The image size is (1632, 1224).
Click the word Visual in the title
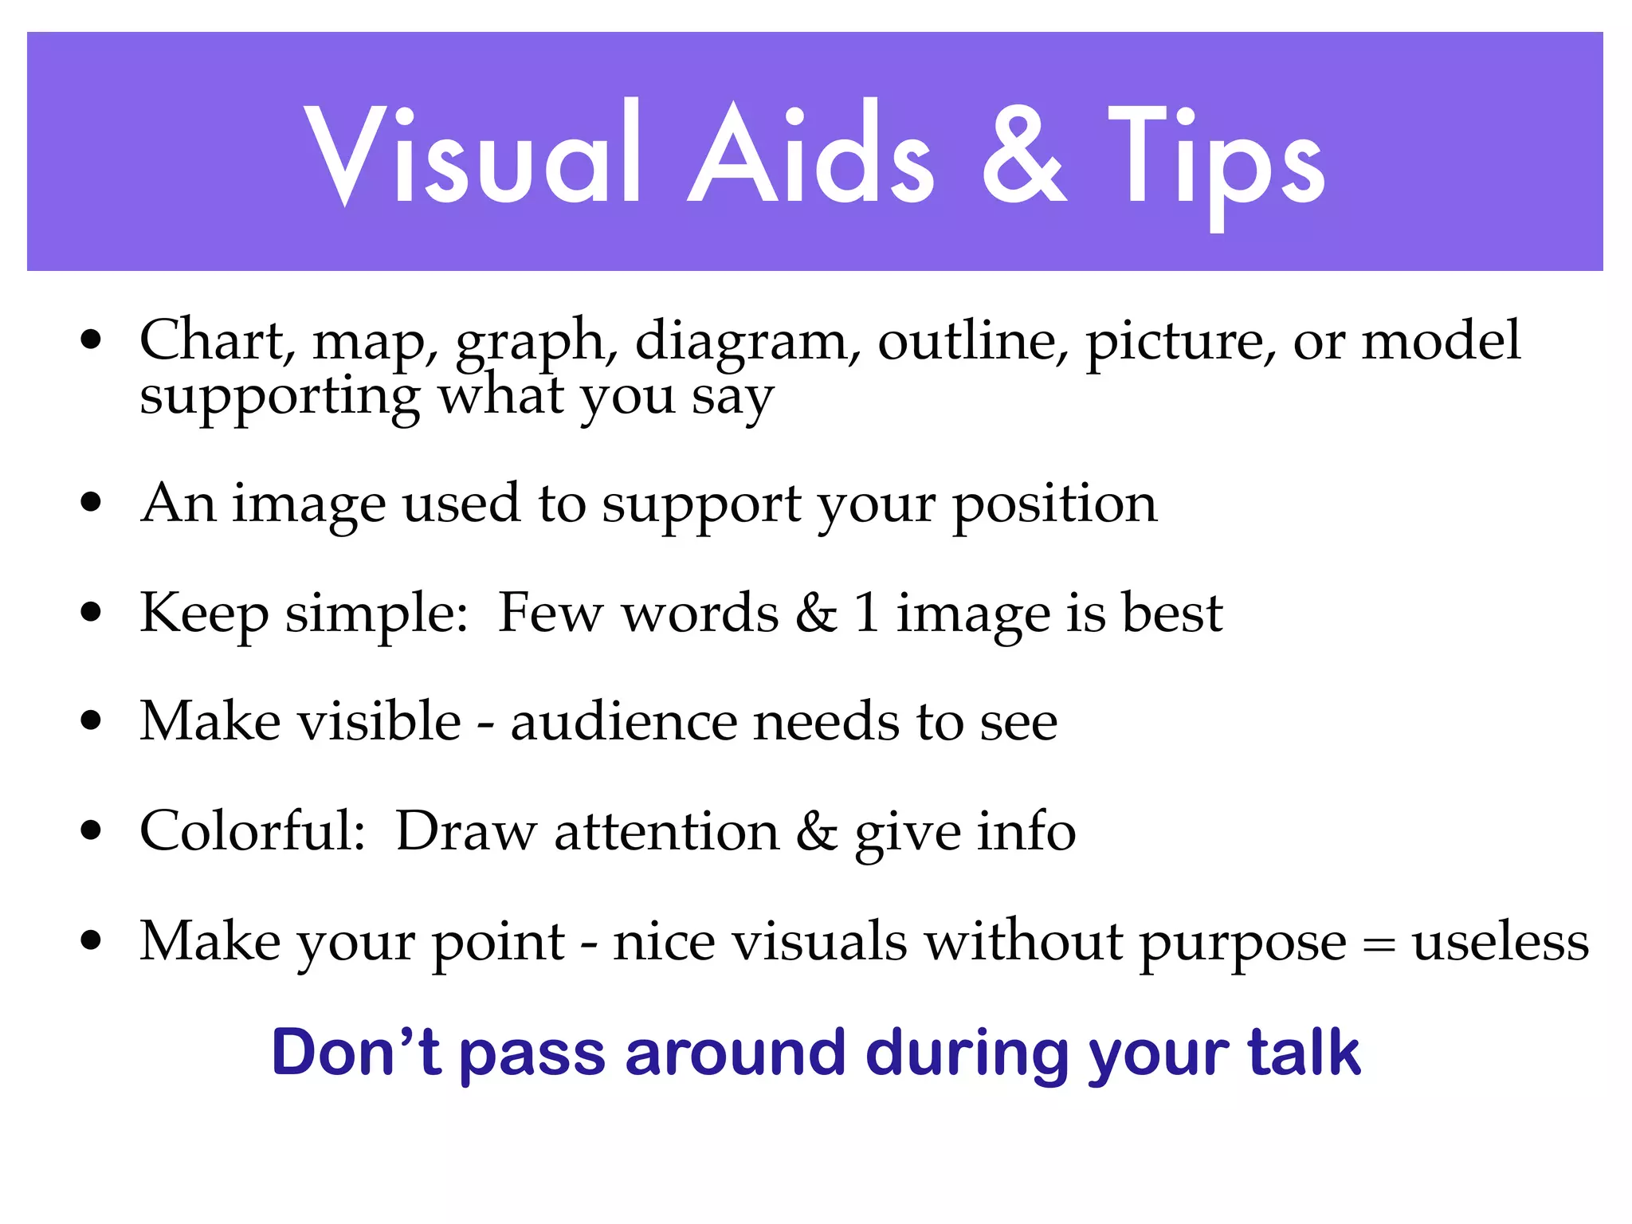pos(472,153)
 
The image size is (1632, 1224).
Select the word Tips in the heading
pos(1216,159)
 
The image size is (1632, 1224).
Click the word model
pos(1441,341)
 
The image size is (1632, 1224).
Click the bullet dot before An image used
pos(92,503)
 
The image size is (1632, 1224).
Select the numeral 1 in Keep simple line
pos(867,614)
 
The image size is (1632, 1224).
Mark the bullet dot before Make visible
pos(92,721)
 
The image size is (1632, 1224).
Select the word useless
pos(1501,943)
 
